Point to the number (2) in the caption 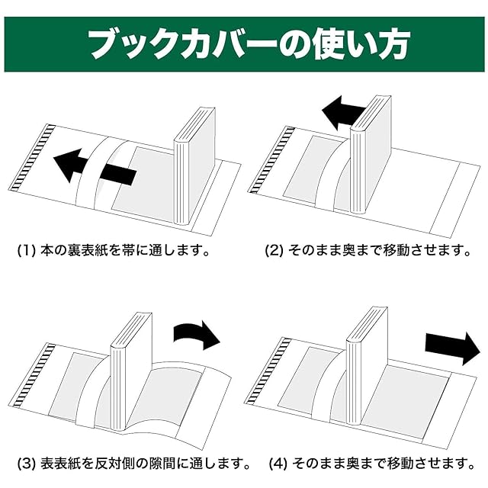pyautogui.click(x=274, y=250)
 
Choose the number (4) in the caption pyautogui.click(x=278, y=462)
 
